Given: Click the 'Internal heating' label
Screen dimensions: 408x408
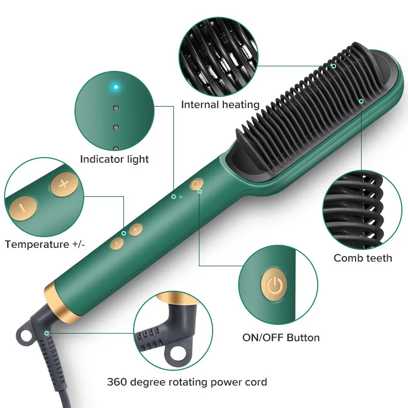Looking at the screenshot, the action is click(x=220, y=105).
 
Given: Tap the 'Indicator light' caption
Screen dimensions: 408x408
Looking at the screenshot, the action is click(x=114, y=159).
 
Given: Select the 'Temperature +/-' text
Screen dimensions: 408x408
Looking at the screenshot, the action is click(x=45, y=244).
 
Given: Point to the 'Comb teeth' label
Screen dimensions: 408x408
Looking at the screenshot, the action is click(x=363, y=258).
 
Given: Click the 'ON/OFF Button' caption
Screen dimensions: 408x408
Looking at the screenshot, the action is click(x=281, y=338).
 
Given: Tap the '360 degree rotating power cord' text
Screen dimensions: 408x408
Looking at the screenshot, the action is click(x=187, y=382).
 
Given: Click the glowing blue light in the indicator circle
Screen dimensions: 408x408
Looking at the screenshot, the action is click(x=116, y=87).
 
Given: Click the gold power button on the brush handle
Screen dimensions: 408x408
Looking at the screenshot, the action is click(x=196, y=184).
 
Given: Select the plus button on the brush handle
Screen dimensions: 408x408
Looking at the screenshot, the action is click(x=136, y=230).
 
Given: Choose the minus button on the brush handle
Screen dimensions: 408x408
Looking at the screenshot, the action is click(x=117, y=244).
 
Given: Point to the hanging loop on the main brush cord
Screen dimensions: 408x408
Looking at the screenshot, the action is click(x=24, y=336).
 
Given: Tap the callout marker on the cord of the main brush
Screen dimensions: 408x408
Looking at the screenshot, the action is click(x=46, y=334).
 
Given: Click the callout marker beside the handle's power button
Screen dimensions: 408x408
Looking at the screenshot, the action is click(x=199, y=192).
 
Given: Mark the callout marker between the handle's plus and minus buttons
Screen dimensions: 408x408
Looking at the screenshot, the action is click(x=123, y=234).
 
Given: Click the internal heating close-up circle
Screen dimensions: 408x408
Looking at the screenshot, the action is click(x=219, y=57).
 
